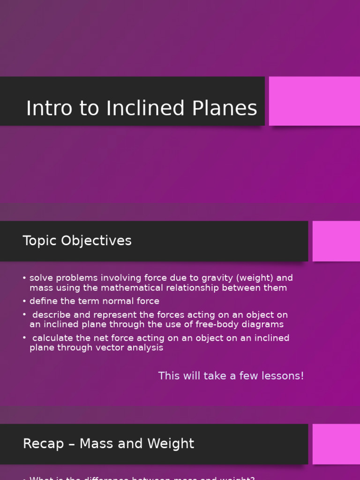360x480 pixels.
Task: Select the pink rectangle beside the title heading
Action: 314,101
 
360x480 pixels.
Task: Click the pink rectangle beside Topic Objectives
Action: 336,241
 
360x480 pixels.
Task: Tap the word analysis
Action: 144,348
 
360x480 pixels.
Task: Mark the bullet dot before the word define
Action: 24,301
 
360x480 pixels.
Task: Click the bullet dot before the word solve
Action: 24,278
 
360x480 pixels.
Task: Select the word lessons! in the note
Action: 283,376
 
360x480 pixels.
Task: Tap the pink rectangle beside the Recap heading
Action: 336,444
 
